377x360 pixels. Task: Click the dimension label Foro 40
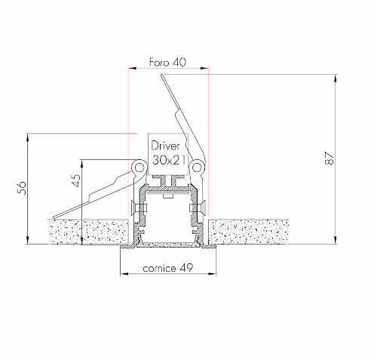pos(167,62)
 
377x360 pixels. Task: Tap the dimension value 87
pos(329,158)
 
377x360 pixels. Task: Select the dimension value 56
pos(22,187)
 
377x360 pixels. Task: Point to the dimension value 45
pos(76,180)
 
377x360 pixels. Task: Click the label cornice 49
pos(168,268)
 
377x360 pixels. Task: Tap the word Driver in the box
pos(166,146)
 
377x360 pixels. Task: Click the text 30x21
pos(169,160)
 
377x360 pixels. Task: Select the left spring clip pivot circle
pos(139,167)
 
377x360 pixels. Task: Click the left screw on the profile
pos(138,208)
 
